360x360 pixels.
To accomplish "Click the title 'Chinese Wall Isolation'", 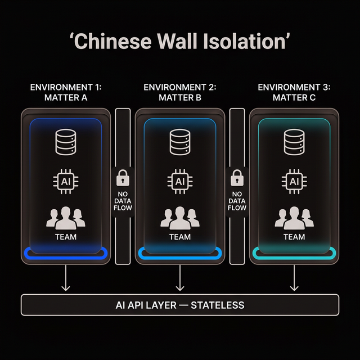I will click(x=180, y=43).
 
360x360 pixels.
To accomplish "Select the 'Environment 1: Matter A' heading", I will click(x=66, y=92).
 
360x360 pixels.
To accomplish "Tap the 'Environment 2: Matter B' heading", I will click(x=180, y=92).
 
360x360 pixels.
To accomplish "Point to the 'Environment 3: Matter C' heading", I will click(x=294, y=92).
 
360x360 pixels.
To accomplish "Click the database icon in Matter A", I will click(x=66, y=142).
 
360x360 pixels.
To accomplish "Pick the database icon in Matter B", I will click(x=180, y=142).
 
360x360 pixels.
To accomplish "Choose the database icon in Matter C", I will click(x=294, y=142).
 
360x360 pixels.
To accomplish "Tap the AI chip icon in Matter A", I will click(x=66, y=181).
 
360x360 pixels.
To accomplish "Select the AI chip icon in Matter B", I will click(x=180, y=181).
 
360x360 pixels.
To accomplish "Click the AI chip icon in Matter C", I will click(x=294, y=181).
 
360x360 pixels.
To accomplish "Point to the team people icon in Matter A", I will click(x=66, y=218).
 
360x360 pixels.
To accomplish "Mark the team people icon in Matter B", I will click(x=180, y=218).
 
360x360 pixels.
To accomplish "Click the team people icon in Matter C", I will click(x=294, y=218).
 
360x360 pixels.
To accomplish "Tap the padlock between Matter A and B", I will click(x=123, y=178).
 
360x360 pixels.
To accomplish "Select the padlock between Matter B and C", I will click(x=237, y=178).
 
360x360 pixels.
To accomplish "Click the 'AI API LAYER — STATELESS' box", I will click(x=180, y=305).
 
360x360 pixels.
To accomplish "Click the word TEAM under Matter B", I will click(x=180, y=237).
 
